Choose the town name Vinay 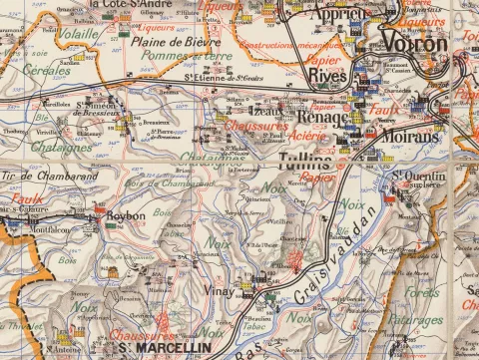click(220, 290)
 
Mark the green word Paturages click(414, 321)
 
